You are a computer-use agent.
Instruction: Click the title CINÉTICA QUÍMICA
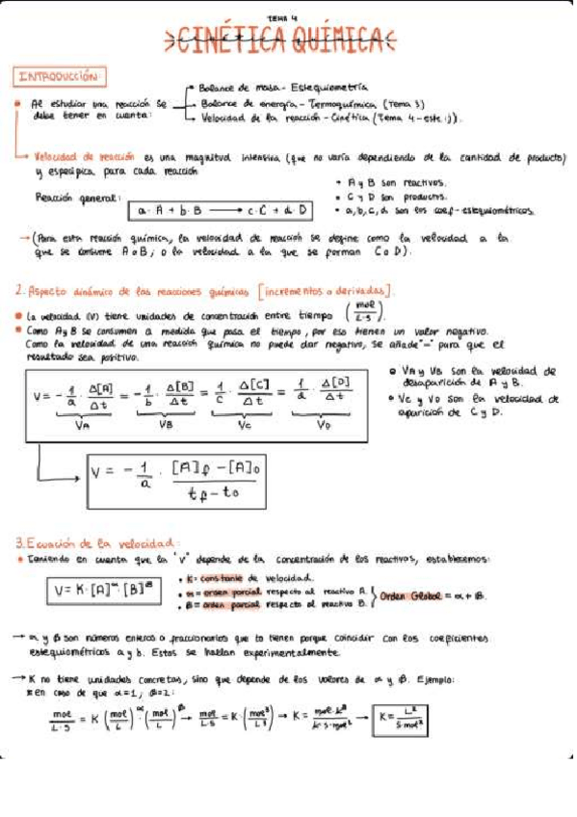pos(280,39)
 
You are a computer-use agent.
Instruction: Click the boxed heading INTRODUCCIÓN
pos(60,75)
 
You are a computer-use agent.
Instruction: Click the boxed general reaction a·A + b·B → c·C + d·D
pos(223,208)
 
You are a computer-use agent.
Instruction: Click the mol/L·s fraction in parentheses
pos(365,312)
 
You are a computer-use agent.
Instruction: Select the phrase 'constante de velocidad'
pos(230,577)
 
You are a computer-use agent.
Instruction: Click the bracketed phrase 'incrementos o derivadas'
pos(324,290)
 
